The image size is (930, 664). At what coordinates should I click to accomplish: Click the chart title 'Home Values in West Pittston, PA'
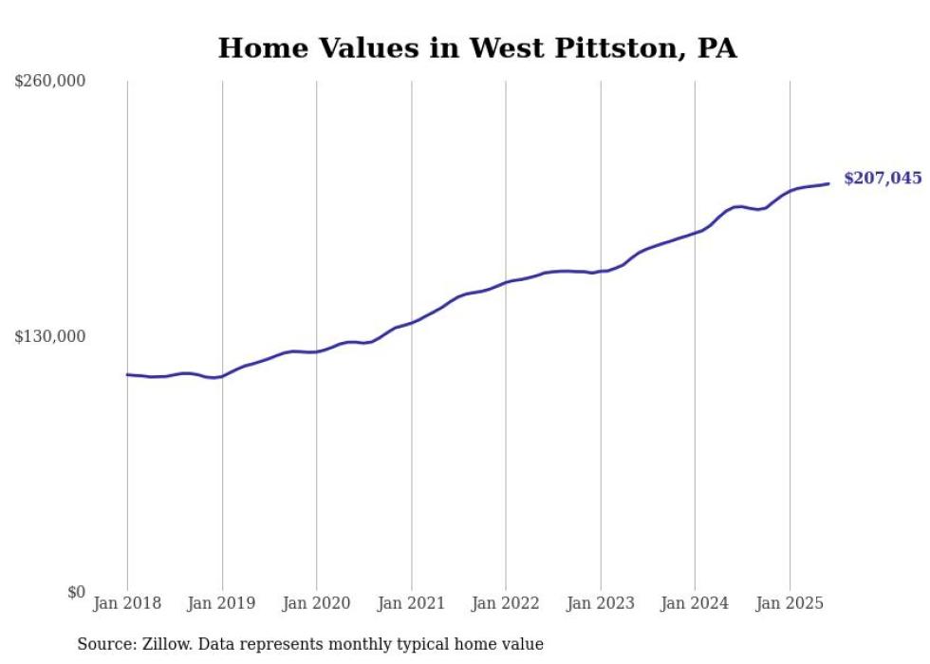(x=477, y=47)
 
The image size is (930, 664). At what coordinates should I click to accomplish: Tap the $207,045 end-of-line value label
(x=882, y=178)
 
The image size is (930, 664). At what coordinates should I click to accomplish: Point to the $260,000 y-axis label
(x=50, y=82)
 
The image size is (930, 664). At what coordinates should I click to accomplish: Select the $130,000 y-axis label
(x=50, y=336)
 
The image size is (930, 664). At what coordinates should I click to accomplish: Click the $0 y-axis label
(x=76, y=592)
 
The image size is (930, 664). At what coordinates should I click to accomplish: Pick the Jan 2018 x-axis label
(x=127, y=603)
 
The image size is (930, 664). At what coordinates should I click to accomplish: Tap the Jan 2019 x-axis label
(x=222, y=603)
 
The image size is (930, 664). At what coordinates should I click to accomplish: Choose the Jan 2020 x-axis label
(x=317, y=603)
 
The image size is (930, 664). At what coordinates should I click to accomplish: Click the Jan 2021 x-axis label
(x=411, y=603)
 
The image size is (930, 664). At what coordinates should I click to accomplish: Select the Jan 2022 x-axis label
(x=506, y=603)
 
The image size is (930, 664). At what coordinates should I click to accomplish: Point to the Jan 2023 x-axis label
(x=600, y=603)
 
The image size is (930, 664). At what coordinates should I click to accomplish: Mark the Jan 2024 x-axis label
(x=695, y=603)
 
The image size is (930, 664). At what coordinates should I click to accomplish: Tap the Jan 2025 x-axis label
(x=790, y=603)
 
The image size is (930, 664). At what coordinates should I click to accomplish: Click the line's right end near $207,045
(x=828, y=183)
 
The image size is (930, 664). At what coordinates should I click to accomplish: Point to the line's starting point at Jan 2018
(x=128, y=374)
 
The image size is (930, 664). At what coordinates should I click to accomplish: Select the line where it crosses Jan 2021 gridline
(x=411, y=321)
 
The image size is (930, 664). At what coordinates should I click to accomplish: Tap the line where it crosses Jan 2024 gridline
(x=695, y=231)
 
